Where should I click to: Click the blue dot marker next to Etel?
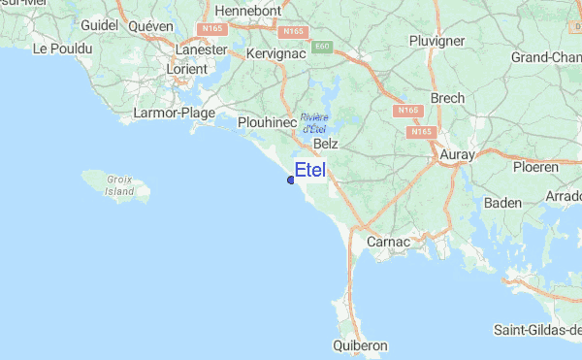click(291, 180)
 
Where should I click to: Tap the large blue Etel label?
click(310, 171)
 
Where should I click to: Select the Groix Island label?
click(120, 185)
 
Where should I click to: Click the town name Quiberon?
click(360, 344)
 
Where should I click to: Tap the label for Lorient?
click(186, 69)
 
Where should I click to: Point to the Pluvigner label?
click(437, 41)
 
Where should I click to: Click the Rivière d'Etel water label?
click(313, 122)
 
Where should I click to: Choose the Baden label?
click(501, 203)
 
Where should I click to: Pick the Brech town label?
click(448, 98)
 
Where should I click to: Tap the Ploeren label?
click(535, 167)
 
